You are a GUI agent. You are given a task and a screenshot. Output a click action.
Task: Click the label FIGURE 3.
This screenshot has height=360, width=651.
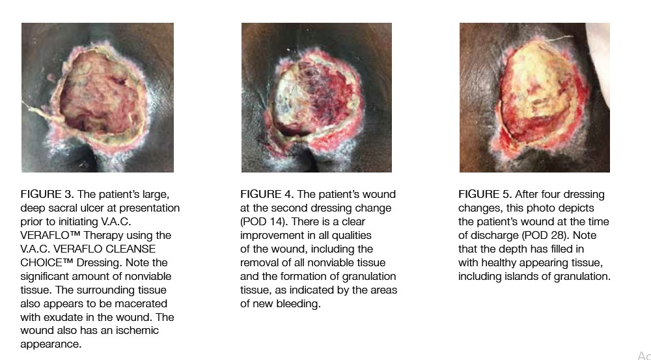tap(47, 195)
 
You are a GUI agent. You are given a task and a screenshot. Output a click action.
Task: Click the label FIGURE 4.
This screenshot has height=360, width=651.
tap(267, 195)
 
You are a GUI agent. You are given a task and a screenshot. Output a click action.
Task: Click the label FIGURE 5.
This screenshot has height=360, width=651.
tap(485, 195)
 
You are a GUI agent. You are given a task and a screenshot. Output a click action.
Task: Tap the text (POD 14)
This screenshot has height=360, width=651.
tap(262, 222)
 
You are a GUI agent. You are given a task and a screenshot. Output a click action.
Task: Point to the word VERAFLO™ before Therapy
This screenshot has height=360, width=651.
tap(50, 236)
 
